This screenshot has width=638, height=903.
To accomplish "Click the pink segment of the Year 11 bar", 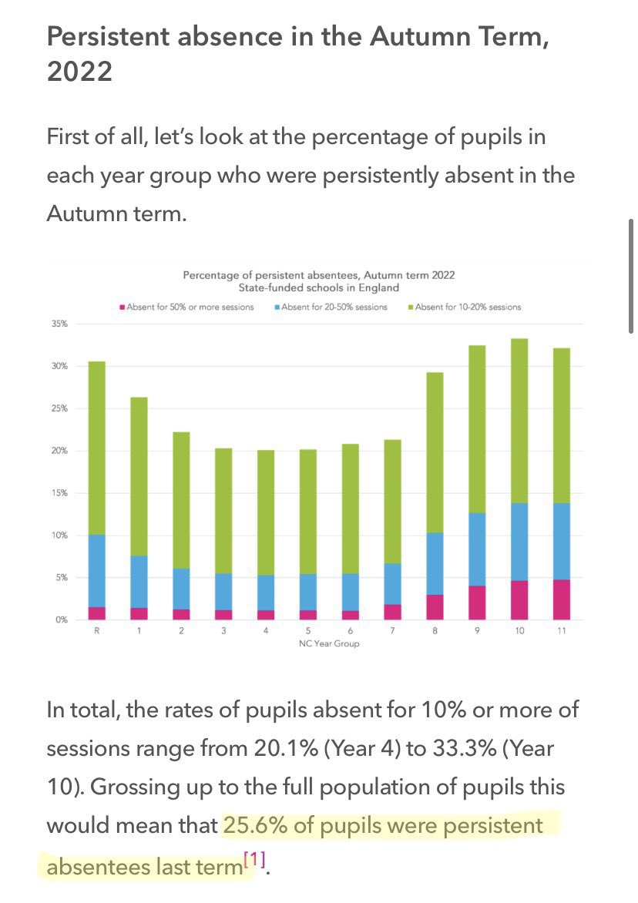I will click(x=562, y=599).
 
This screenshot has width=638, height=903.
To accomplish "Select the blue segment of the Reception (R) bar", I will click(x=96, y=571).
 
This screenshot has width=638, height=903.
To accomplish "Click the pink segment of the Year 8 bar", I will click(x=435, y=607).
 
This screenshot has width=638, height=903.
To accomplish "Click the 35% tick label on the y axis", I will click(x=60, y=324).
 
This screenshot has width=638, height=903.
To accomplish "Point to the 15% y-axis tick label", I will click(x=60, y=493).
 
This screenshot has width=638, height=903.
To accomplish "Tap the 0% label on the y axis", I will click(x=62, y=619).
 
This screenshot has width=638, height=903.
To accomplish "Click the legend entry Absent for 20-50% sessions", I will click(x=331, y=307).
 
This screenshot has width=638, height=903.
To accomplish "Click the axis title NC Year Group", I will click(x=329, y=644).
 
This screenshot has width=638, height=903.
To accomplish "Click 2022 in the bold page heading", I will click(x=79, y=72).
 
